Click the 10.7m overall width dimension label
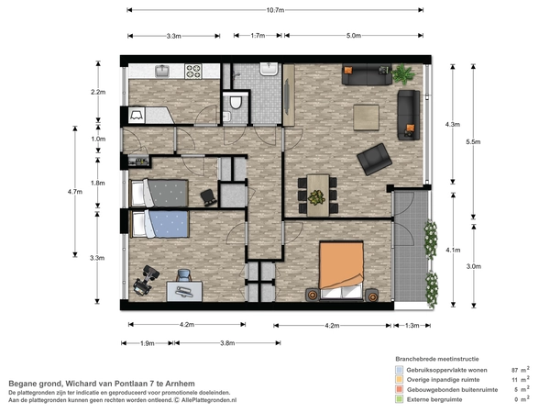(275, 10)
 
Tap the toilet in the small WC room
(236, 101)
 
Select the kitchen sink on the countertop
(162, 71)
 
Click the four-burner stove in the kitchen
(193, 72)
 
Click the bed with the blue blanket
(159, 224)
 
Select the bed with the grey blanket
(159, 193)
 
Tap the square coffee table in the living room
(366, 117)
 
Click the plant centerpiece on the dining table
(316, 197)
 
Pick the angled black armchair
(374, 159)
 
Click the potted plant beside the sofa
(403, 73)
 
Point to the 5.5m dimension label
(473, 142)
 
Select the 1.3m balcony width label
(412, 326)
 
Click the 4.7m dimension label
(75, 192)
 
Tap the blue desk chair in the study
(184, 275)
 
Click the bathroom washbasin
(269, 69)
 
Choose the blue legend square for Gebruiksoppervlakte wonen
(399, 370)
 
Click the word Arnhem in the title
(180, 384)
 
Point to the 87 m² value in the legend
(521, 370)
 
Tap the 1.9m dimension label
(148, 343)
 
